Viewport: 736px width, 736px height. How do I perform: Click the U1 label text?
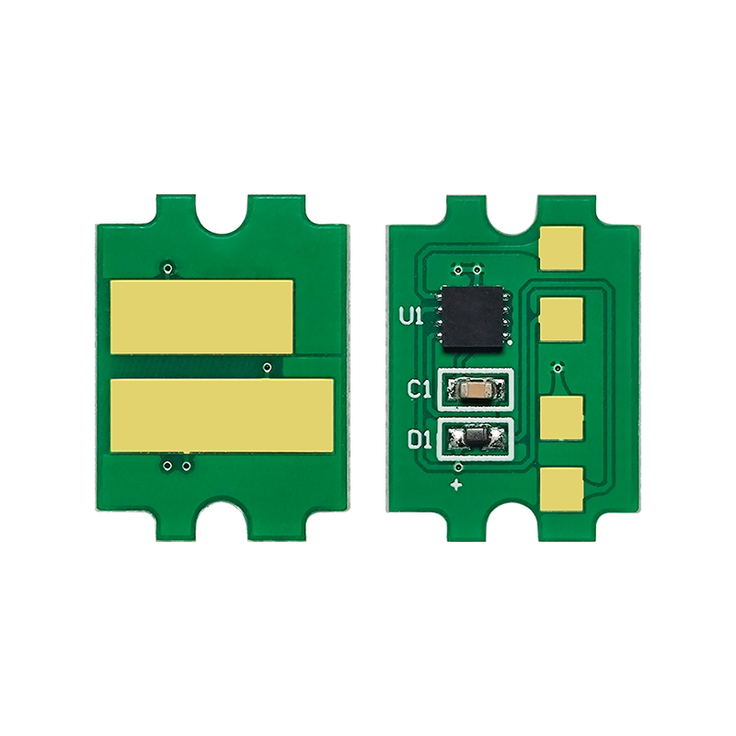(411, 316)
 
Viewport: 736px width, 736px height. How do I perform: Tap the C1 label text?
(419, 389)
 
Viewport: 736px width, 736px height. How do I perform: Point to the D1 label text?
(420, 440)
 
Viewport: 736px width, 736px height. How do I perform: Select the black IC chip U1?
(473, 316)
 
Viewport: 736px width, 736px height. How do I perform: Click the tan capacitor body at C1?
(475, 388)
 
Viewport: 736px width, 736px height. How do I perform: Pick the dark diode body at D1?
(475, 438)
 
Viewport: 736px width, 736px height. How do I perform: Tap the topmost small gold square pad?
(561, 248)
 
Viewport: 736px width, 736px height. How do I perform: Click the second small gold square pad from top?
(561, 318)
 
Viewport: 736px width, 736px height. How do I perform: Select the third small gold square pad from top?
(561, 418)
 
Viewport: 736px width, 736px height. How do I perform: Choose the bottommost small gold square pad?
(561, 489)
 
